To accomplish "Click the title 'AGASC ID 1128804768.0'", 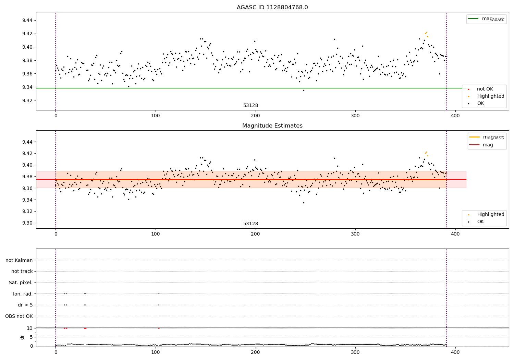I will pos(272,8).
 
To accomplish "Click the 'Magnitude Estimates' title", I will pos(272,126).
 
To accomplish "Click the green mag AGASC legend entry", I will pos(486,19).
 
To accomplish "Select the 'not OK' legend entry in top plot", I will pos(485,89).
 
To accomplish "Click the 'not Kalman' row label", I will pos(19,260).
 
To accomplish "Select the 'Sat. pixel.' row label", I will pos(21,283).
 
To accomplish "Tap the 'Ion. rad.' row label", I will pos(23,294).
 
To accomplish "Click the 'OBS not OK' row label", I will pos(19,316).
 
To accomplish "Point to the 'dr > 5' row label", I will pos(25,305).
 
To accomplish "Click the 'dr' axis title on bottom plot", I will pos(22,337).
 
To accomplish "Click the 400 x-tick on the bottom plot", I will pos(455,352).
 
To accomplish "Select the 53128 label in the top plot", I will pos(250,106).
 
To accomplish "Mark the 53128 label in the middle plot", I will pos(250,224).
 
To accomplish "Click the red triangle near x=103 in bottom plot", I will pos(159,328).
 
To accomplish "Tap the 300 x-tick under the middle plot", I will pos(355,234).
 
